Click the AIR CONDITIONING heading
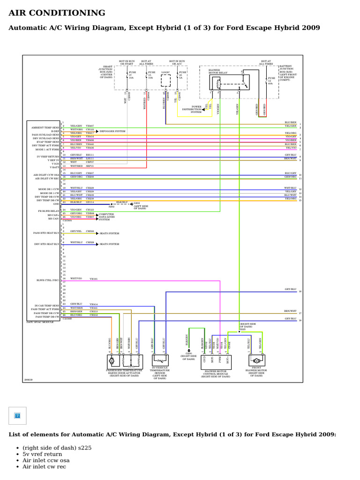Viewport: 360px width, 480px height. click(x=57, y=13)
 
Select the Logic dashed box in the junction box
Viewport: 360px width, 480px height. click(x=166, y=81)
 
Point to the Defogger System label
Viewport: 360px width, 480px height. click(x=109, y=132)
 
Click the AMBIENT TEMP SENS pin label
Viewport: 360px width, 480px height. click(x=45, y=127)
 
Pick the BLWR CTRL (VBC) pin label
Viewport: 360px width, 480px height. click(x=48, y=280)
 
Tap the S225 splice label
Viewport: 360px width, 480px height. click(x=243, y=329)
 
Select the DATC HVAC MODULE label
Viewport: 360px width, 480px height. click(x=40, y=322)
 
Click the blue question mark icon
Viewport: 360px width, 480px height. click(x=17, y=415)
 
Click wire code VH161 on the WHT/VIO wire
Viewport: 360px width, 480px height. click(x=93, y=278)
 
